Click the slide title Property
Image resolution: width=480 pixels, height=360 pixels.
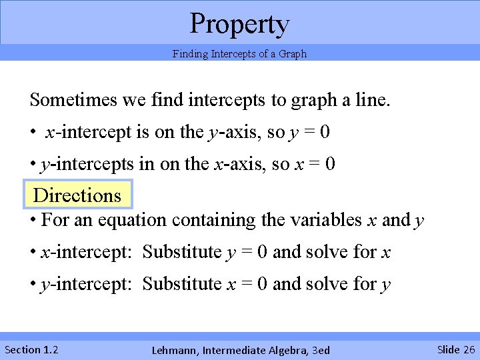click(239, 23)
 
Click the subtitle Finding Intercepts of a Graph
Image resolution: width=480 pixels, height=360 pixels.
click(239, 54)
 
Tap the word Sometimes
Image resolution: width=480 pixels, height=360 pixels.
click(74, 101)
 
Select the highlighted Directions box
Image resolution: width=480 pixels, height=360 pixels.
click(77, 195)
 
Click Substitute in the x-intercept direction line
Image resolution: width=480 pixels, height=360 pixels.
click(181, 252)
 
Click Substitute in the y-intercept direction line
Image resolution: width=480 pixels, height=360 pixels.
click(181, 284)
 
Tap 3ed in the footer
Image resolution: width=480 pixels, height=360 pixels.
click(319, 350)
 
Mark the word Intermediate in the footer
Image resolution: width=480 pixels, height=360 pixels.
click(229, 350)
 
